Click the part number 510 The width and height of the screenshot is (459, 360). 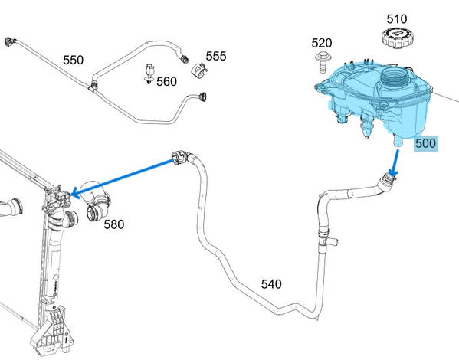pyautogui.click(x=396, y=18)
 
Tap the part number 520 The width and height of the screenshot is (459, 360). pyautogui.click(x=322, y=43)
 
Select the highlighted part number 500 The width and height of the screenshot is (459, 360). pyautogui.click(x=426, y=143)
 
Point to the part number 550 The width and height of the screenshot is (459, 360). pyautogui.click(x=74, y=59)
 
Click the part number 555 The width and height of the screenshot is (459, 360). pyautogui.click(x=216, y=56)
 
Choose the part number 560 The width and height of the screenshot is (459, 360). pyautogui.click(x=166, y=81)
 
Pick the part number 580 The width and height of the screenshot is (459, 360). pyautogui.click(x=113, y=224)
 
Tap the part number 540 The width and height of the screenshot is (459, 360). pyautogui.click(x=271, y=284)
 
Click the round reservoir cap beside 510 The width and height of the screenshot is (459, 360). pyautogui.click(x=396, y=38)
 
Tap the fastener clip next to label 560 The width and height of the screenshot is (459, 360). pyautogui.click(x=149, y=74)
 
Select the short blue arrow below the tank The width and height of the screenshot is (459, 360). pyautogui.click(x=394, y=160)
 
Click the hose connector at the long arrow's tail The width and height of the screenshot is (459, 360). pyautogui.click(x=180, y=158)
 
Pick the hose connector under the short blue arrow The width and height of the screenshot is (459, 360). pyautogui.click(x=388, y=182)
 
